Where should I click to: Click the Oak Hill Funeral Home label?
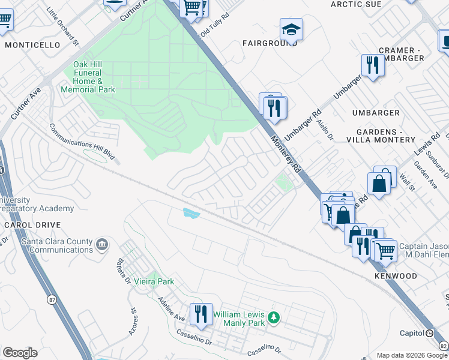point(88,77)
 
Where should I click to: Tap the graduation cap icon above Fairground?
point(291,29)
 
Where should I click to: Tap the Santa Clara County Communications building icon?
point(101,245)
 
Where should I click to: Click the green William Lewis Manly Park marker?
point(274,316)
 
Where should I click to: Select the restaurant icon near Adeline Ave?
point(201,314)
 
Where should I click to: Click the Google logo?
point(20,353)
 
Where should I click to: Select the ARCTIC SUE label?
point(356,4)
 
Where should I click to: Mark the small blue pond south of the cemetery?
point(191,212)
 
